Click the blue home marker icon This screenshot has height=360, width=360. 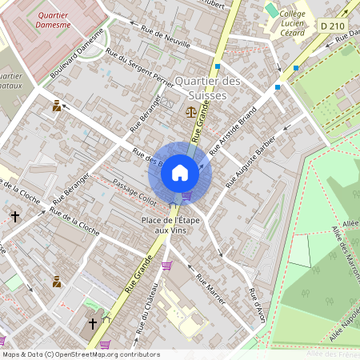pos(180,173)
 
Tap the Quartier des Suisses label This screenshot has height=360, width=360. pos(207,89)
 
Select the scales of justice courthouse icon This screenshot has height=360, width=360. pos(190,112)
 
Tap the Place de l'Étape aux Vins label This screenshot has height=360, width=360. pos(170,225)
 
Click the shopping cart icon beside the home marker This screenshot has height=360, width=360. pos(187,196)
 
